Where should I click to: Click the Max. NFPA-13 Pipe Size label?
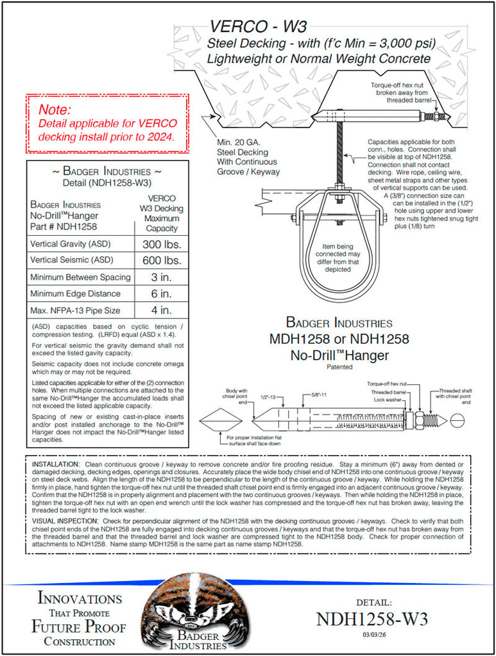75,311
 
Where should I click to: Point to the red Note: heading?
55,110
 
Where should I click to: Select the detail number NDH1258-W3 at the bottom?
372,619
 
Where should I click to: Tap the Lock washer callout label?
388,399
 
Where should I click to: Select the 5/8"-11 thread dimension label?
316,395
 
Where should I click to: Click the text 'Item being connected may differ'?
338,256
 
